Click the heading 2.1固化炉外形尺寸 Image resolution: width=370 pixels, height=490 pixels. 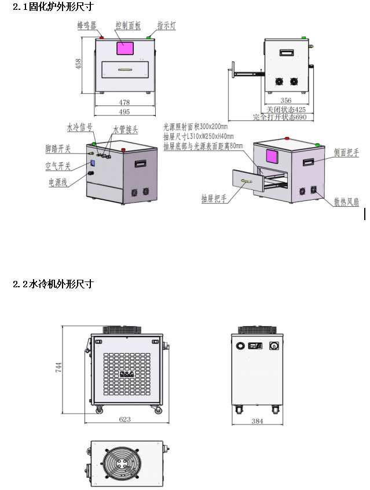pyautogui.click(x=53, y=7)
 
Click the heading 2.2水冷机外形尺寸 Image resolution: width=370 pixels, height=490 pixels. pyautogui.click(x=53, y=284)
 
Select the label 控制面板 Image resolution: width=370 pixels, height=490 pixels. pyautogui.click(x=127, y=25)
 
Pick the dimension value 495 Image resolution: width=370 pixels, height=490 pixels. pyautogui.click(x=124, y=111)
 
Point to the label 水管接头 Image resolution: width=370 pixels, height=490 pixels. pyautogui.click(x=125, y=130)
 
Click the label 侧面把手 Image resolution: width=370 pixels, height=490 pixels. pyautogui.click(x=346, y=153)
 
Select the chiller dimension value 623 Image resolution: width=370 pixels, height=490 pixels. pyautogui.click(x=124, y=419)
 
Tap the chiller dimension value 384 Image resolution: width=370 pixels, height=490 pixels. pyautogui.click(x=257, y=421)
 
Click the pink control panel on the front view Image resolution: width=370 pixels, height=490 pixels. pyautogui.click(x=126, y=48)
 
